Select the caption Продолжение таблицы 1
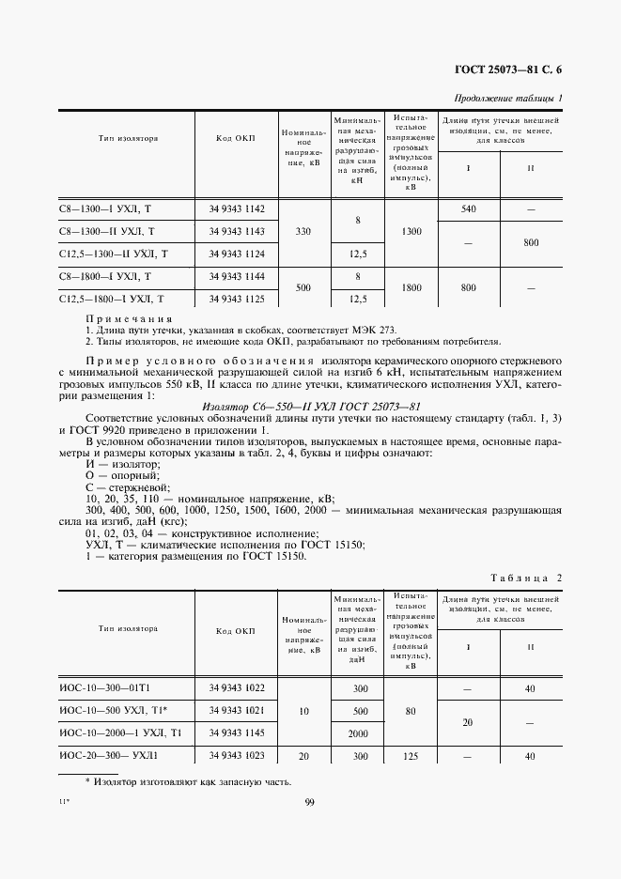click(x=508, y=99)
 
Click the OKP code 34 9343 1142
click(x=237, y=208)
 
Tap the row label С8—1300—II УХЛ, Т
click(x=107, y=231)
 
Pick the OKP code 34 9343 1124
click(x=237, y=254)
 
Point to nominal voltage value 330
click(x=303, y=231)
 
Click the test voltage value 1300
click(x=410, y=231)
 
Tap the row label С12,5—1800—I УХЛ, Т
click(x=112, y=299)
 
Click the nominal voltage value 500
click(x=303, y=288)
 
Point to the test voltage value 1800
click(x=410, y=288)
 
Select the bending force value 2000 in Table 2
click(x=357, y=732)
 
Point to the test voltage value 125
click(x=410, y=755)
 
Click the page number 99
click(x=310, y=801)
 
